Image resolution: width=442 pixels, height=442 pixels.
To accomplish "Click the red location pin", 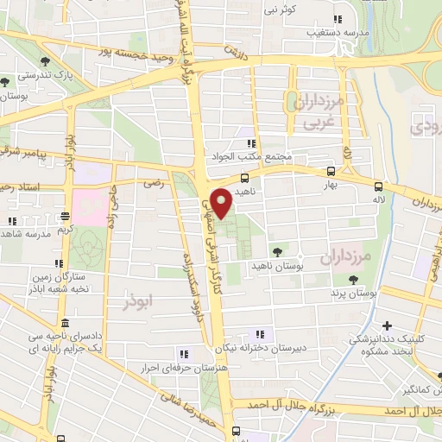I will coord(222,202).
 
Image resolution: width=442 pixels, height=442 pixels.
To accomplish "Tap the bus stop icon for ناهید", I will coord(245,178).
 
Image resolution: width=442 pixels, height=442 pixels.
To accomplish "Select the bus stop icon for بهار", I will coord(331,172).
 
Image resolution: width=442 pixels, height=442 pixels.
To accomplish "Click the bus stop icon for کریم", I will coord(65,216).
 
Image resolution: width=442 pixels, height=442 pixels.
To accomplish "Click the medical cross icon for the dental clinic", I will coord(388,325).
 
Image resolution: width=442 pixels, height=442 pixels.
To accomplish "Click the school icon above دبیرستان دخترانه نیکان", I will coord(259,335).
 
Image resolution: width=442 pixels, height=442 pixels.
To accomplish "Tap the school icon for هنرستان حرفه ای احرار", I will coord(182,353).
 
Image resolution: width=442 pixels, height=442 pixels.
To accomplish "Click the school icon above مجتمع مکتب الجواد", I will coord(251,144).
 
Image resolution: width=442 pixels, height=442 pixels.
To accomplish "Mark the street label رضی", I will coord(154,183).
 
